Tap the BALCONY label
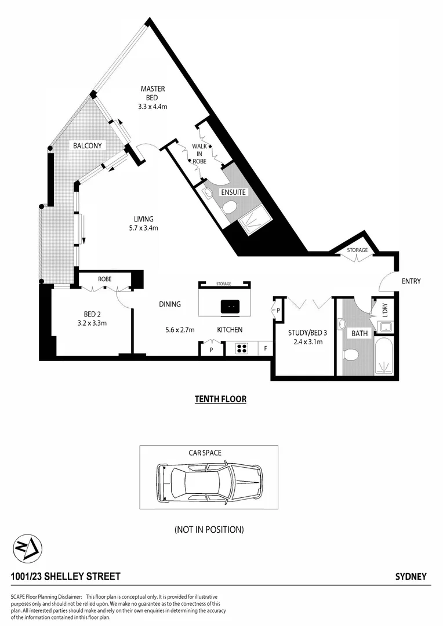(x=88, y=145)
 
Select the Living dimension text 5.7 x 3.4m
(x=143, y=228)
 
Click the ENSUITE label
(x=233, y=192)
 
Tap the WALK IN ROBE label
(x=200, y=155)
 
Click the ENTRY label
(x=411, y=281)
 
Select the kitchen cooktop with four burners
(x=242, y=349)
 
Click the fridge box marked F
(x=265, y=349)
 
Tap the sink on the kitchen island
(x=230, y=305)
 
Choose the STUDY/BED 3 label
(x=305, y=333)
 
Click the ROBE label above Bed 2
(x=104, y=279)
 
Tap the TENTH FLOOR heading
(x=220, y=399)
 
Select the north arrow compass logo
(x=26, y=548)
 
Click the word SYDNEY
(x=411, y=577)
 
